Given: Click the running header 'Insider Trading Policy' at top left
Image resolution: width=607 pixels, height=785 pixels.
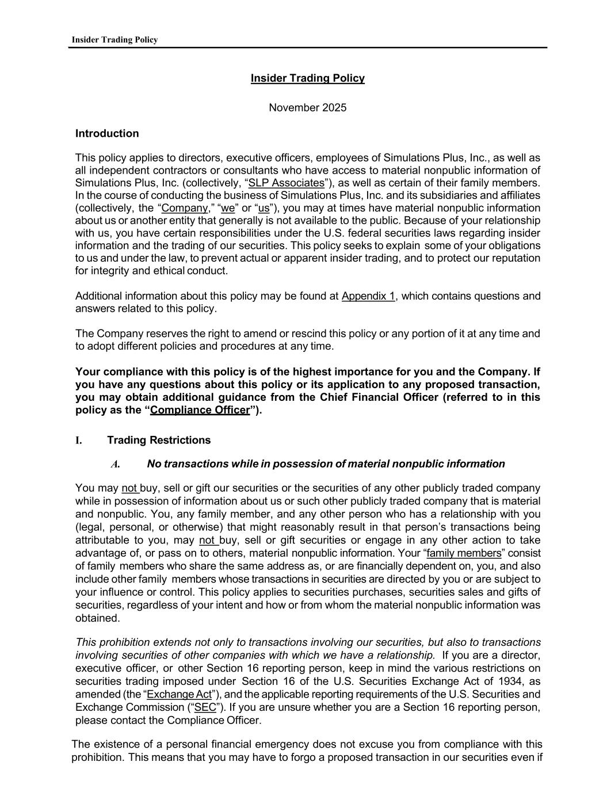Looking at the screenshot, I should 114,40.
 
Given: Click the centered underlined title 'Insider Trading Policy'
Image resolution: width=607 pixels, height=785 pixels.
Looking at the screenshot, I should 307,78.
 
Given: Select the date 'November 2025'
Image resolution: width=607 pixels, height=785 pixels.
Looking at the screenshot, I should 307,108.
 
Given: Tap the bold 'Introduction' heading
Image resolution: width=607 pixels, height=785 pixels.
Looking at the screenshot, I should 107,133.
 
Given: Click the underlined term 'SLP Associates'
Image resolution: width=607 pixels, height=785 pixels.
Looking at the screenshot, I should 286,183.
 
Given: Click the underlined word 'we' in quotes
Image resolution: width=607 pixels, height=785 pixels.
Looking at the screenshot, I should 227,208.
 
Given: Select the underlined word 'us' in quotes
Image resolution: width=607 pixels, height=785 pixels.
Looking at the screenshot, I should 264,208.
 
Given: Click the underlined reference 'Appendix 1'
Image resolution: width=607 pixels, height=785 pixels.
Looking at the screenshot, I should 368,296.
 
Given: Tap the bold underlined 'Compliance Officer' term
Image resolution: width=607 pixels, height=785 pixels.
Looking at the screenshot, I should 200,410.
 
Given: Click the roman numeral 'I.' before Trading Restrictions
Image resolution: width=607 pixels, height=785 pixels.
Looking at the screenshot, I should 78,441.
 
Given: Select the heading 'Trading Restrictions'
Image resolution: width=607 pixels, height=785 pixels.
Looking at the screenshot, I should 159,441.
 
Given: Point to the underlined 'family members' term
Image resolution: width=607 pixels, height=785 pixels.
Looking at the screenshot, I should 464,553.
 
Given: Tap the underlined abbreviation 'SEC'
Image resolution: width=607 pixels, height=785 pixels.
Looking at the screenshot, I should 205,707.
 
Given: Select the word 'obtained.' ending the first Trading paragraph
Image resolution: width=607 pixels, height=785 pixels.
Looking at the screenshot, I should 98,618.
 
